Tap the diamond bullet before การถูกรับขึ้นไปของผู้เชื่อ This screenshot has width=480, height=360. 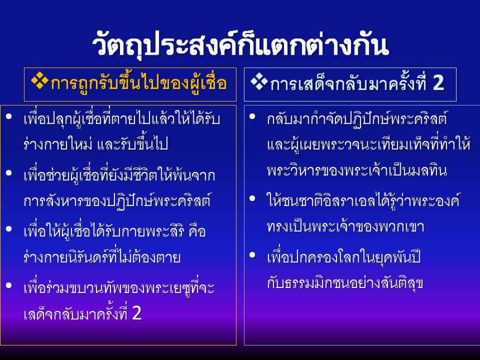pyautogui.click(x=40, y=82)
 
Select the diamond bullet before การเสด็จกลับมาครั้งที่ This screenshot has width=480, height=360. pyautogui.click(x=259, y=83)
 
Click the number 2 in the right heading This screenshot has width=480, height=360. pyautogui.click(x=438, y=83)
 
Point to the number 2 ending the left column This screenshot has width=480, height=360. pyautogui.click(x=136, y=313)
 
